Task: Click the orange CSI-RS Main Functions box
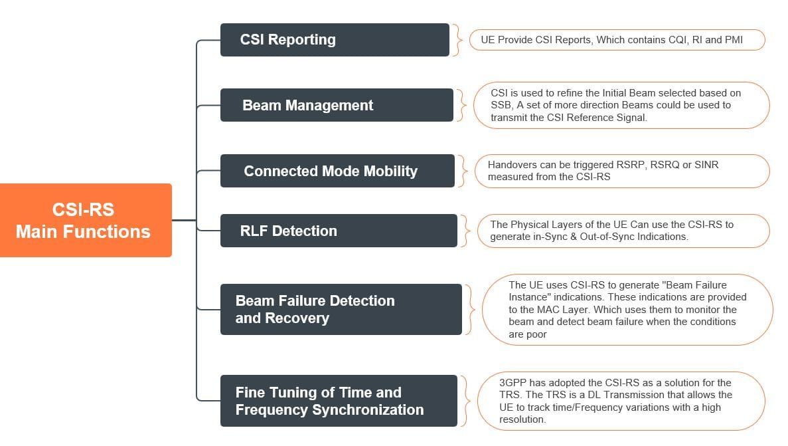point(86,220)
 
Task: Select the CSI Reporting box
point(335,40)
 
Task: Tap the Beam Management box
point(337,105)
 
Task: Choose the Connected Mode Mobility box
point(337,171)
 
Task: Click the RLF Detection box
point(339,231)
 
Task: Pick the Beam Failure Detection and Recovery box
point(341,309)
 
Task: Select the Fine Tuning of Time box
point(339,401)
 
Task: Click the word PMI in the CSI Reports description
point(733,40)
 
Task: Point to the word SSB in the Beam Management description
point(501,105)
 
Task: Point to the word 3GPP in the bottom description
point(513,383)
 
